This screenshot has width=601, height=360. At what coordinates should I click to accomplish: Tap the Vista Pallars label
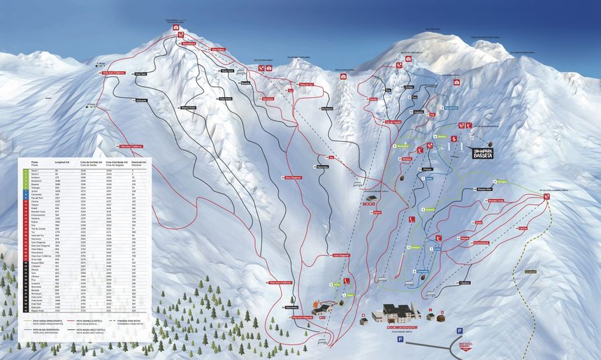pos(218,50)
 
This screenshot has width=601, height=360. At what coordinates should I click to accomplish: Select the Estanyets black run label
pos(141,101)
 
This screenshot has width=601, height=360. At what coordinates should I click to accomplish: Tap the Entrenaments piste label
pos(481,243)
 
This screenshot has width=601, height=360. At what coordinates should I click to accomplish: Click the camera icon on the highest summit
pos(176,27)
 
